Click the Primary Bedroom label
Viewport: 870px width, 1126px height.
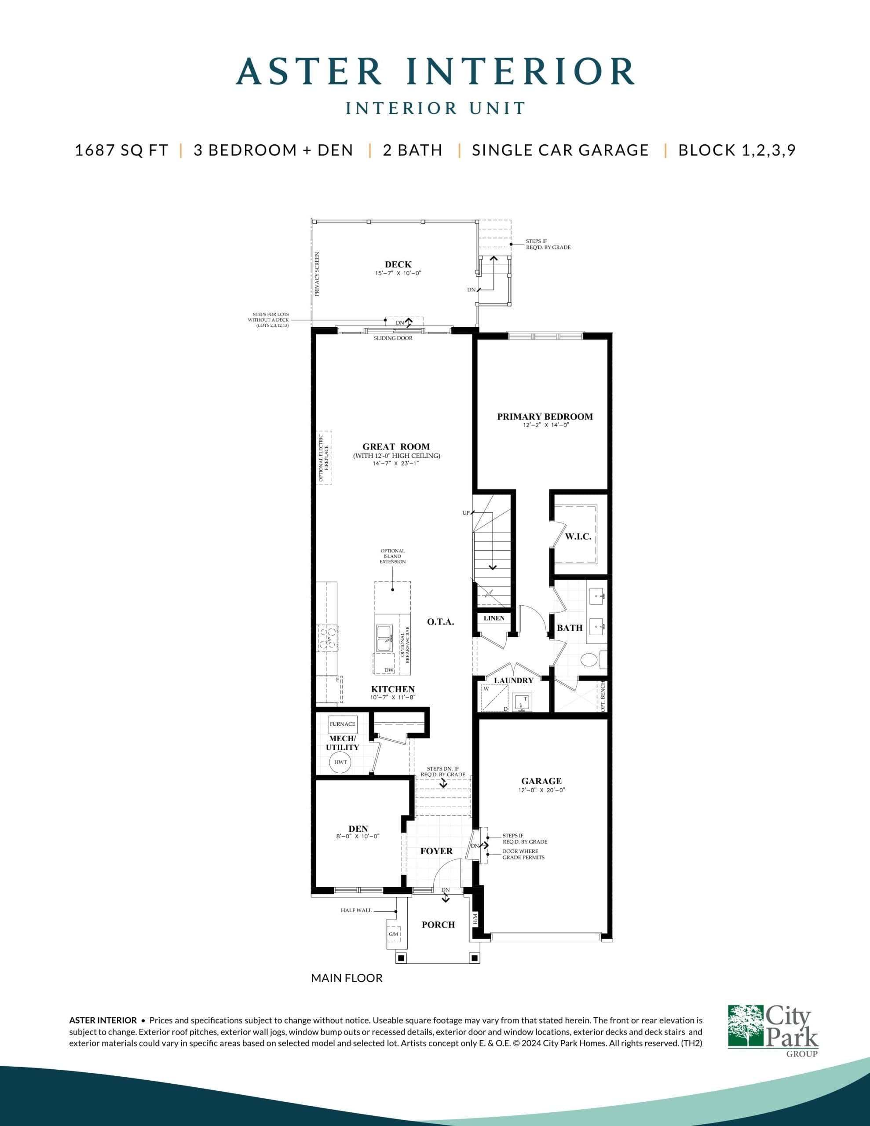pos(545,417)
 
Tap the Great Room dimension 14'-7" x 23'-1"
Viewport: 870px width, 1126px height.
pos(395,464)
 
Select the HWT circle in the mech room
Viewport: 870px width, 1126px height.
pos(340,762)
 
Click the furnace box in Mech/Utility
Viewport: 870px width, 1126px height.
pos(343,724)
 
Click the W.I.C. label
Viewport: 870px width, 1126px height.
pos(578,537)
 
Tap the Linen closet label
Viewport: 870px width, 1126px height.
pos(494,618)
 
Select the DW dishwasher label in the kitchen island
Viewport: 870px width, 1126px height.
pos(389,670)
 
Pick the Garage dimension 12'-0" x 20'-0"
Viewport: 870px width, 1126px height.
pos(541,790)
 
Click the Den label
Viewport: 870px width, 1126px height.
pos(358,829)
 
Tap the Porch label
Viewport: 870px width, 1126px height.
pos(439,925)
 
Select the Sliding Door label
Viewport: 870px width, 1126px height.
pos(393,338)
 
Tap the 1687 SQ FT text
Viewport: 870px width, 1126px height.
pos(122,150)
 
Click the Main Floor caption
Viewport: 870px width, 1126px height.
pos(347,978)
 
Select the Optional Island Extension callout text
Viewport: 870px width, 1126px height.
pos(392,556)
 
